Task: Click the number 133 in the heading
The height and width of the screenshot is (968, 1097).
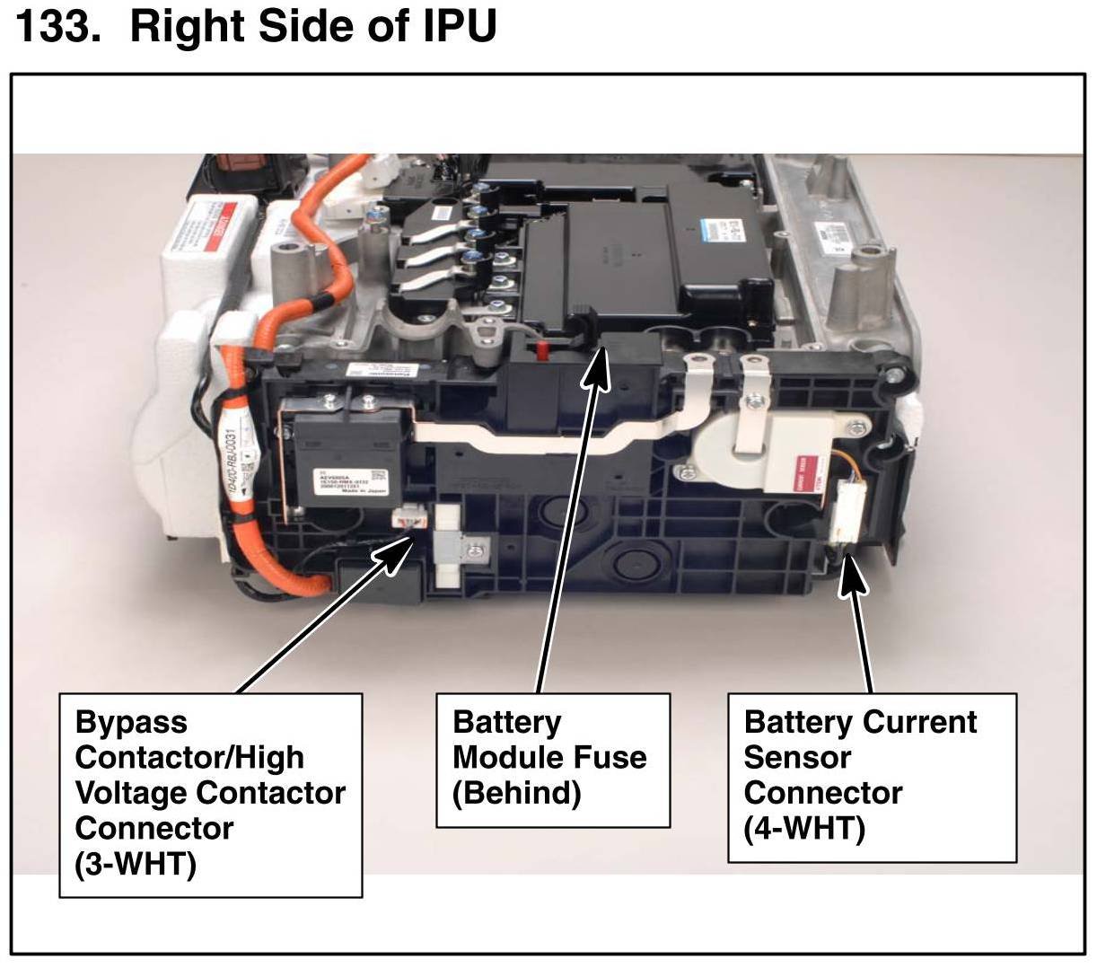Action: tap(55, 26)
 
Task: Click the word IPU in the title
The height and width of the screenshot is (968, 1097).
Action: tap(459, 26)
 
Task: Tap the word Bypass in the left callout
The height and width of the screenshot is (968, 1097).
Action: tap(131, 723)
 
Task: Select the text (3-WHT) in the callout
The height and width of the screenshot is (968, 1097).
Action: tap(135, 864)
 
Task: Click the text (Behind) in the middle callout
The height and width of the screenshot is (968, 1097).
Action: tap(516, 793)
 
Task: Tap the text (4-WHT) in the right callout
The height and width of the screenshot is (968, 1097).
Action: tap(804, 828)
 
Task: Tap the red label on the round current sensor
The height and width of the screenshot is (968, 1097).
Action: tap(797, 469)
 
